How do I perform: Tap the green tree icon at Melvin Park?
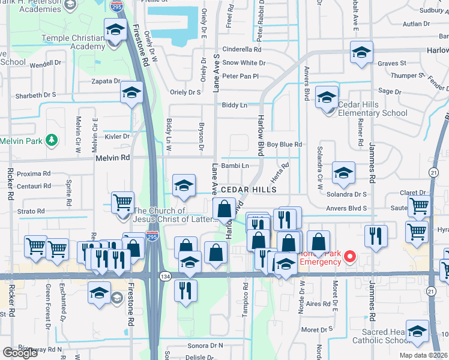coord(53,140)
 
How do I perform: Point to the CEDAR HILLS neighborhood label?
coord(249,190)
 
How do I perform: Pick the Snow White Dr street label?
coord(244,63)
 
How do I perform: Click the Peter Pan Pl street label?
coord(240,76)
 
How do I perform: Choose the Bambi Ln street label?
coord(235,166)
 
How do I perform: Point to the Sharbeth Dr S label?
coord(35,95)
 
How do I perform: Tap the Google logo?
coord(20,352)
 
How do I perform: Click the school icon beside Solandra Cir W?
coord(343,173)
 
